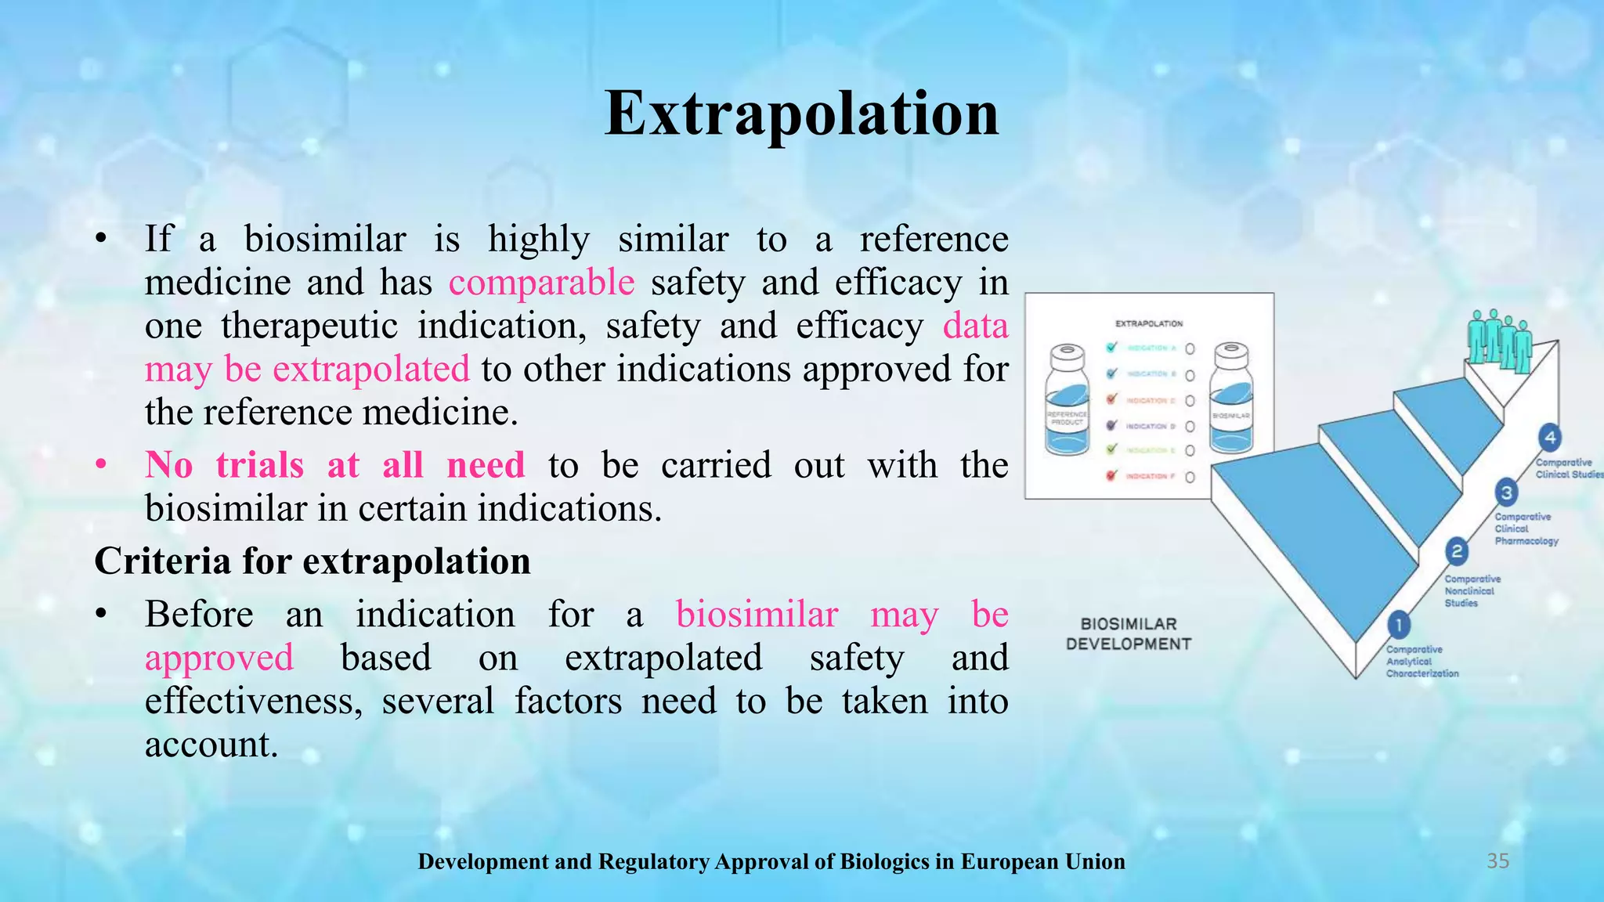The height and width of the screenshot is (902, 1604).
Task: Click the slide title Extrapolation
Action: pos(801,114)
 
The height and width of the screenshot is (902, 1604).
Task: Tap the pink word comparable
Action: pos(541,283)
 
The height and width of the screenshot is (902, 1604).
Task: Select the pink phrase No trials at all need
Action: pos(334,466)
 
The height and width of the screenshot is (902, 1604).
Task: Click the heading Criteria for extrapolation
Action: pos(312,561)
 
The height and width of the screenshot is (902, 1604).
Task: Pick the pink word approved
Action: pos(219,658)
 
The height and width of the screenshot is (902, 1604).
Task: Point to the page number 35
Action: pos(1497,861)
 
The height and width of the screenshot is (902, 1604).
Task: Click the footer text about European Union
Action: pos(771,862)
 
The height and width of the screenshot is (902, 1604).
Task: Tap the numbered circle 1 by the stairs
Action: pos(1398,625)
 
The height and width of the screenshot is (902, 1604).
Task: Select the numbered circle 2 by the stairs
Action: pos(1456,551)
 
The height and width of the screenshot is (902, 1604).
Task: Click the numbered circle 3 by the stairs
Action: pos(1506,492)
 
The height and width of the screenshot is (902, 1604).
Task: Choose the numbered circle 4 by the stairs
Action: pos(1549,438)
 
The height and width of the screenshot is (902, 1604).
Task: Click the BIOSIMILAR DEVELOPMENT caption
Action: pos(1128,634)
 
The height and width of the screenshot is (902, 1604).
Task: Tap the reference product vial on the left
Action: pos(1067,401)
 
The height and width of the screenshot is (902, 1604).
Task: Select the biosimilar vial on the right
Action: pos(1230,399)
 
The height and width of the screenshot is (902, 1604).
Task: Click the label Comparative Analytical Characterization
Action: pos(1422,662)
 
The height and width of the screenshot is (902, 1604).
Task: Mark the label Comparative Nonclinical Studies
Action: pos(1472,591)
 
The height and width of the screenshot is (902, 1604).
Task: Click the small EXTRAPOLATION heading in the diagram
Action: pos(1149,323)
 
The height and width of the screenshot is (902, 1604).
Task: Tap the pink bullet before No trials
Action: pos(101,466)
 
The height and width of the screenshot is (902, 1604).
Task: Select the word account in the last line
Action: pos(211,745)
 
